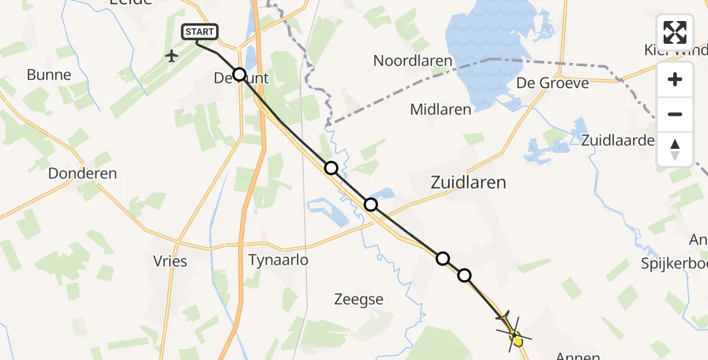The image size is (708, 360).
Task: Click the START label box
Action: [200, 32]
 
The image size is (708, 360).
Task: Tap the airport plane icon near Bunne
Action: [172, 56]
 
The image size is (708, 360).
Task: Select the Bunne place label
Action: [49, 75]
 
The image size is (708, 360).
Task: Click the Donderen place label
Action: [82, 173]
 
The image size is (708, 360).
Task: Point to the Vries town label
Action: [170, 261]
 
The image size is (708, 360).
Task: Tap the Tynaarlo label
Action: [278, 260]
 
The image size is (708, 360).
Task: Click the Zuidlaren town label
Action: [468, 182]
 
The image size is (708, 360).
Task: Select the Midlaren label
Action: [440, 109]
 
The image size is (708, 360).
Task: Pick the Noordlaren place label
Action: [412, 60]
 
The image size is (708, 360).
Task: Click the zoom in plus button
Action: [675, 79]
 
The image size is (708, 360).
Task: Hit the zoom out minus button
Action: [675, 114]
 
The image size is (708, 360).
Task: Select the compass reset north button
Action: [675, 149]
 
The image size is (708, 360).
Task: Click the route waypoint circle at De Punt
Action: [239, 74]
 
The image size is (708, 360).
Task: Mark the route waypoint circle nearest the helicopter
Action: [464, 276]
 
